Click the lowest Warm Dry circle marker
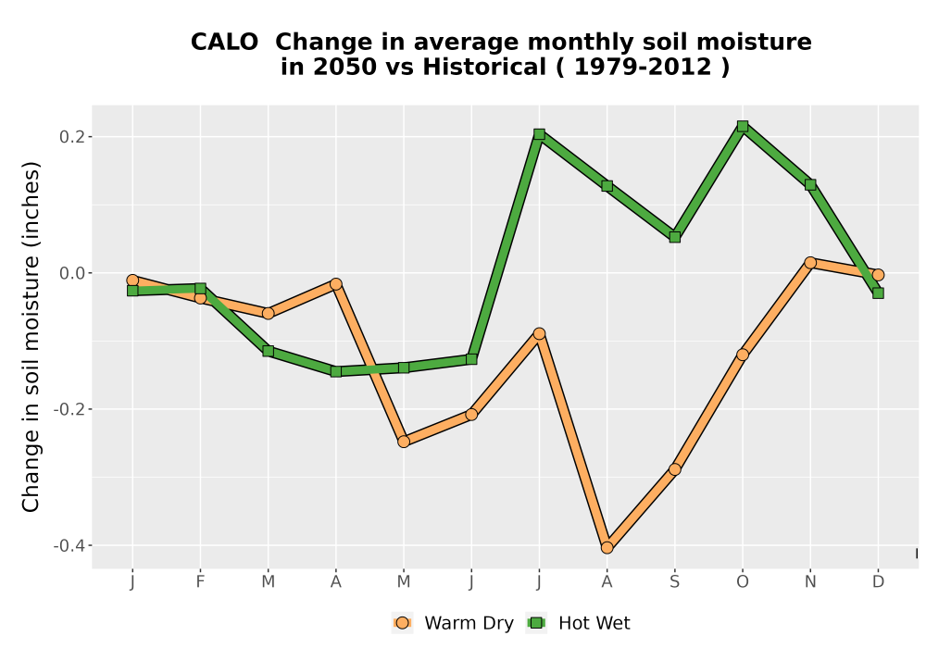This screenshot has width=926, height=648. pyautogui.click(x=607, y=548)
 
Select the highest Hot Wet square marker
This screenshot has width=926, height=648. pyautogui.click(x=743, y=126)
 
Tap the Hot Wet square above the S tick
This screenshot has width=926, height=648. pyautogui.click(x=674, y=237)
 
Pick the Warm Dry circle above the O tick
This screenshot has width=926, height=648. pyautogui.click(x=743, y=355)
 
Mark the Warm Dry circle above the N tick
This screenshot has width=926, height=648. pyautogui.click(x=810, y=263)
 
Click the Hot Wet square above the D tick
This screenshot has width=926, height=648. pyautogui.click(x=878, y=293)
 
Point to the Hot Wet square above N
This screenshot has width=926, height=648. pyautogui.click(x=810, y=185)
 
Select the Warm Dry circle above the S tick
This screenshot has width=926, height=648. pyautogui.click(x=674, y=469)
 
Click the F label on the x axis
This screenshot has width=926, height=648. pyautogui.click(x=200, y=582)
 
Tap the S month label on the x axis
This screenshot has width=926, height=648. pyautogui.click(x=674, y=582)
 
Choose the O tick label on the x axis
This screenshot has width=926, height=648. pyautogui.click(x=743, y=582)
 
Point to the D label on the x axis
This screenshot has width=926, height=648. pyautogui.click(x=878, y=582)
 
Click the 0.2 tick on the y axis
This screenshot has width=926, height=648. pyautogui.click(x=72, y=137)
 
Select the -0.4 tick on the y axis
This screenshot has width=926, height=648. pyautogui.click(x=69, y=545)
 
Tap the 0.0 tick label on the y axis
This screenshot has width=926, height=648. pyautogui.click(x=72, y=273)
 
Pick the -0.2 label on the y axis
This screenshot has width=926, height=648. pyautogui.click(x=69, y=409)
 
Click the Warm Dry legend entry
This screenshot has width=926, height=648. pyautogui.click(x=453, y=623)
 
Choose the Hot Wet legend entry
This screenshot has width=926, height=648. pyautogui.click(x=579, y=623)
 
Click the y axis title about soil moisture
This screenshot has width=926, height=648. pyautogui.click(x=31, y=336)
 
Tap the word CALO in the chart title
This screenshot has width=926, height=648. pyautogui.click(x=224, y=43)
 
